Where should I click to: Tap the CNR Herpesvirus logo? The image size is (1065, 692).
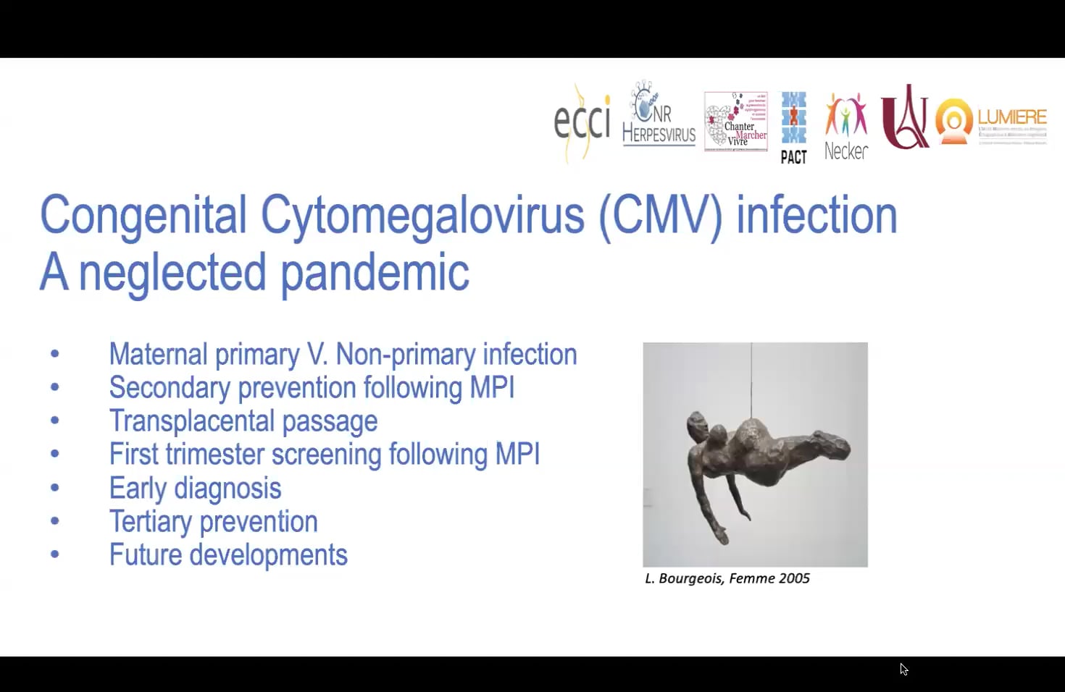[658, 116]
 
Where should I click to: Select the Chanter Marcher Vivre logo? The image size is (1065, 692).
[736, 122]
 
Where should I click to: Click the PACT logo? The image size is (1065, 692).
[793, 127]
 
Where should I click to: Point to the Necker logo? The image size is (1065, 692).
[845, 127]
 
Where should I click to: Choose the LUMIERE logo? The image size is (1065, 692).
[991, 119]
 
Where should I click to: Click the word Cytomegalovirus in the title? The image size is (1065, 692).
[422, 216]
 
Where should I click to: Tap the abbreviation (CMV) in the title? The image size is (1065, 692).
[661, 216]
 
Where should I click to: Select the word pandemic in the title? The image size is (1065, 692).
[375, 274]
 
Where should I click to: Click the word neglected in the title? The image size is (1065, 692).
[172, 274]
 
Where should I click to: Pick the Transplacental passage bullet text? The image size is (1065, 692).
[243, 421]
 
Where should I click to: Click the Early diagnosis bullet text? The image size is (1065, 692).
[195, 489]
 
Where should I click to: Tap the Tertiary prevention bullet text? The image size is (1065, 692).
[213, 522]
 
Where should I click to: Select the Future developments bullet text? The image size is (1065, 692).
[228, 555]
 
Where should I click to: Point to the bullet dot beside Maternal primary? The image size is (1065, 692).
[55, 354]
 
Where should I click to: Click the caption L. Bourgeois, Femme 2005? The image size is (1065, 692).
[727, 578]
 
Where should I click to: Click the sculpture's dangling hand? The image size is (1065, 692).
[722, 535]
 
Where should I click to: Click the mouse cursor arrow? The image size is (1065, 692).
[903, 669]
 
